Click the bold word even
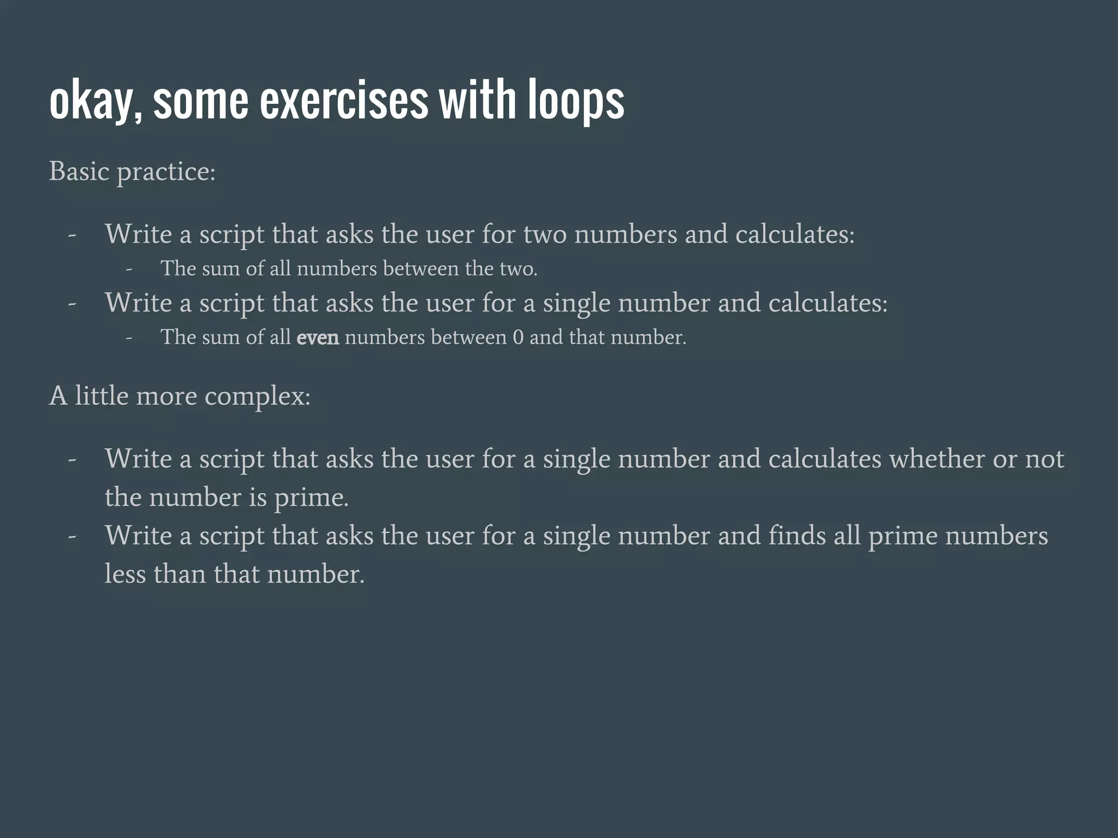(318, 338)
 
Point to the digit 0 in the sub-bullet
(518, 338)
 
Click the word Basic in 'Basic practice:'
(80, 171)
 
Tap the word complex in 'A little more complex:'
(257, 396)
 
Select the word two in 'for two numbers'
(545, 235)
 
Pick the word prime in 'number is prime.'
(311, 498)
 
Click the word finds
(797, 536)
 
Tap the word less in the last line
(125, 574)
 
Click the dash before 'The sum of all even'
(129, 338)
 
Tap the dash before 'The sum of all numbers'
(129, 269)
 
